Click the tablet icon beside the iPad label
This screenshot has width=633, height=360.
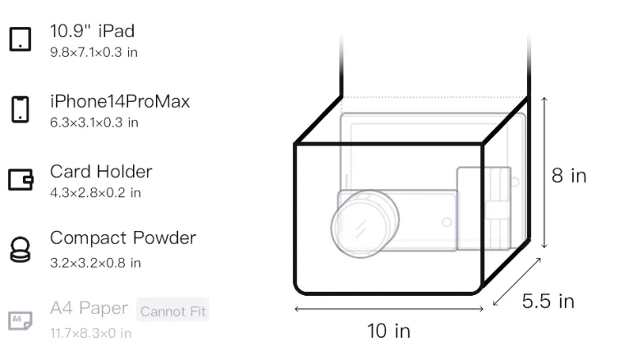click(21, 39)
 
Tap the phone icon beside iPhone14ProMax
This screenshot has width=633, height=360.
click(21, 109)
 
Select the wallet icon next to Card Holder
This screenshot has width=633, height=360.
click(21, 179)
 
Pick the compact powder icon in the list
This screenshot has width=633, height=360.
click(21, 250)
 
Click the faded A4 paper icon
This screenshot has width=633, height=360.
click(21, 320)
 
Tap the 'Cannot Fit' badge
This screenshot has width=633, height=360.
click(172, 311)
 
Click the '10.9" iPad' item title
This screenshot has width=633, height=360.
click(92, 31)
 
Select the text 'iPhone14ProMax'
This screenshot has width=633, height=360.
click(120, 101)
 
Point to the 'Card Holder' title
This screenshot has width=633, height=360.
click(101, 172)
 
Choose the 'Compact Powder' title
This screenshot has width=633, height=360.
click(123, 238)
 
